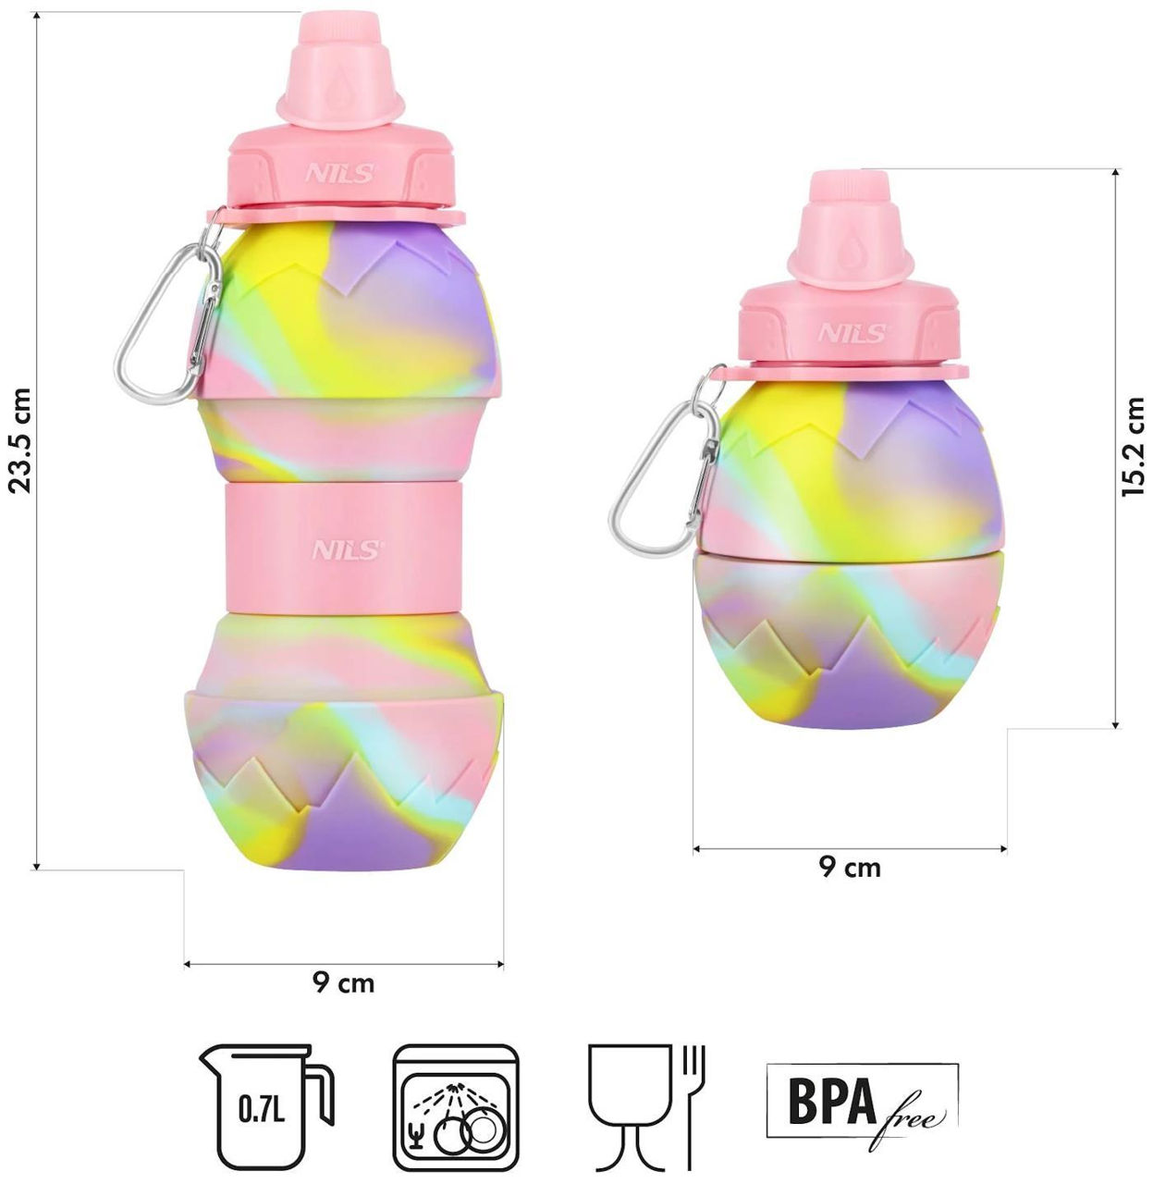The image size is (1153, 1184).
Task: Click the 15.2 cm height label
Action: pyautogui.click(x=1133, y=447)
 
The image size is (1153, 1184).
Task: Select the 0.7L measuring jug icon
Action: pyautogui.click(x=266, y=1106)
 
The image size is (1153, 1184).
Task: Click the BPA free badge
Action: pyautogui.click(x=862, y=1101)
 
